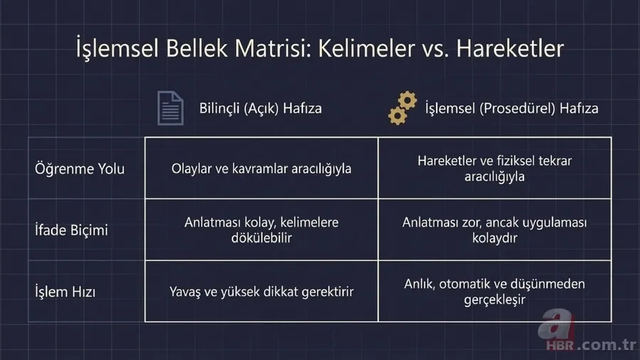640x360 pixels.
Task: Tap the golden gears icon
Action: tap(402, 110)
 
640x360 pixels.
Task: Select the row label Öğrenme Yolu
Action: tap(80, 169)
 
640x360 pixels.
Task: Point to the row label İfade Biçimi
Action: tap(72, 231)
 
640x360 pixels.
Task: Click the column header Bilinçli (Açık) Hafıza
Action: tap(260, 109)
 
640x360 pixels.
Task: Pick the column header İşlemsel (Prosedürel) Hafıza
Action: tap(511, 109)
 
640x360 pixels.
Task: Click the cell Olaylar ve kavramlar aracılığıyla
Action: tap(262, 169)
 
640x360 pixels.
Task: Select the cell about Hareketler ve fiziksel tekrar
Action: tap(494, 169)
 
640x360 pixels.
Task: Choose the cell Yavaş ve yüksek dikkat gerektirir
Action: tap(262, 292)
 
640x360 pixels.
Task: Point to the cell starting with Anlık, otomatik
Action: tap(494, 292)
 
